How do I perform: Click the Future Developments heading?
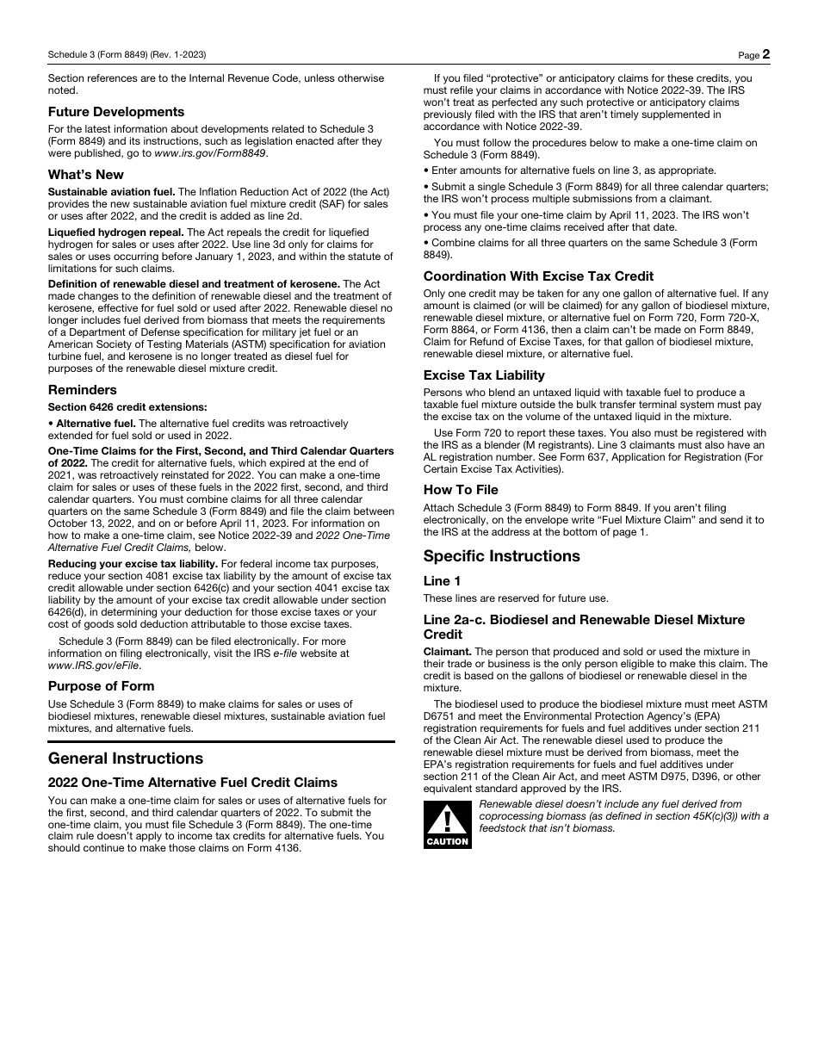coord(116,112)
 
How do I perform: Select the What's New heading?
coord(86,174)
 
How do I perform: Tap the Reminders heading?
coord(83,390)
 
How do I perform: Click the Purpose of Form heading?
coord(102,686)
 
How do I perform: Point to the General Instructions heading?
coord(126,759)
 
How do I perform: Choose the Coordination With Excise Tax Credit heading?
coord(538,276)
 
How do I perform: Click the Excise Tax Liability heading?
coord(484,375)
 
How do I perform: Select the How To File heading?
coord(461,490)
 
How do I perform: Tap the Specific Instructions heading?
coord(501,556)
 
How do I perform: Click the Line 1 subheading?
coord(442,581)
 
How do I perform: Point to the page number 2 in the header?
coord(765,54)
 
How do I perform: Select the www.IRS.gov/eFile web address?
coord(94,666)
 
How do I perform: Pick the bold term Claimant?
coord(447,652)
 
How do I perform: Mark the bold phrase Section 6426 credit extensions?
coord(127,407)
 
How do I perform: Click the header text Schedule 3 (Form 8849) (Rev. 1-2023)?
coord(127,55)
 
